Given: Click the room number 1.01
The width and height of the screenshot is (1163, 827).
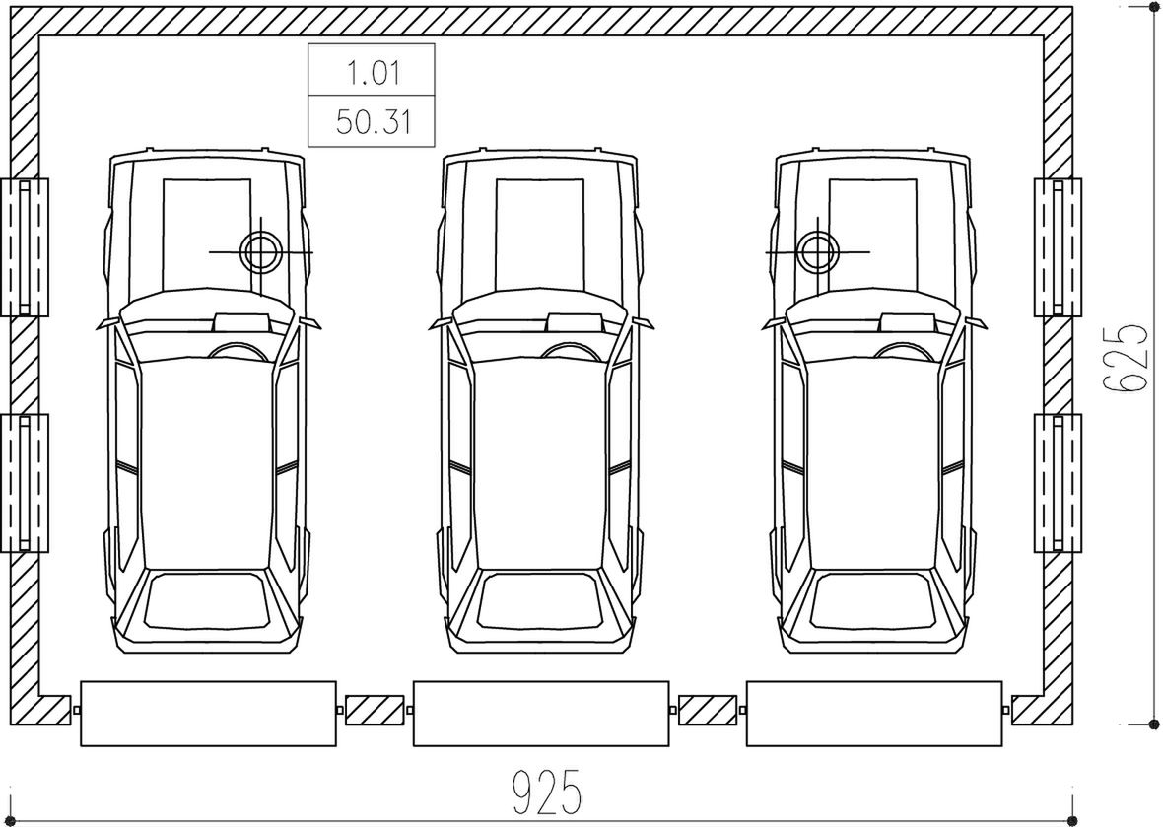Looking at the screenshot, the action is [373, 73].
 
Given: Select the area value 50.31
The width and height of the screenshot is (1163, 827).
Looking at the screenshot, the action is [373, 121].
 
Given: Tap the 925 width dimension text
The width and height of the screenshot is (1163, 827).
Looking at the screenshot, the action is [546, 792].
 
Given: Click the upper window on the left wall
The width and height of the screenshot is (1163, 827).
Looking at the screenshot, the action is [25, 247].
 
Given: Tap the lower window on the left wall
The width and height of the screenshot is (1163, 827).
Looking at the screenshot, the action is [25, 483].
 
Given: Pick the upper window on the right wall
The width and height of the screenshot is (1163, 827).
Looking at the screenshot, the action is [1058, 247].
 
